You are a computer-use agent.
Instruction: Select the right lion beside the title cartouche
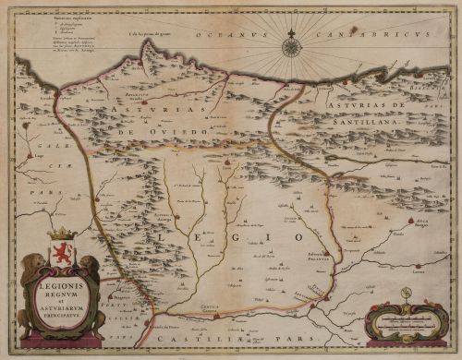(91, 277)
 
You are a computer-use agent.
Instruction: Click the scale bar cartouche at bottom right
(406, 322)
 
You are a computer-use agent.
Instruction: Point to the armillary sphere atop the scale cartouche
(406, 294)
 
